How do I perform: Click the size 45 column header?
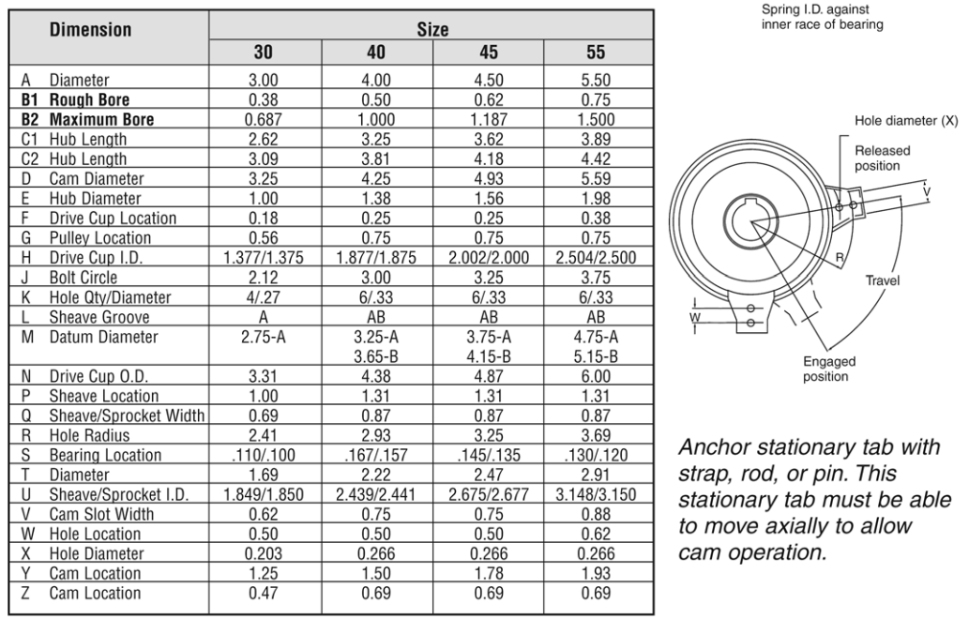pyautogui.click(x=488, y=52)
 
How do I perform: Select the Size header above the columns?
pyautogui.click(x=432, y=29)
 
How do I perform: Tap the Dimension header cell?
pyautogui.click(x=90, y=30)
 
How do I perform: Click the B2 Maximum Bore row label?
pyautogui.click(x=87, y=119)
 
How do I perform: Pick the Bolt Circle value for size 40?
pyautogui.click(x=376, y=278)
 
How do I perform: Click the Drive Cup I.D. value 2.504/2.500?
pyautogui.click(x=596, y=258)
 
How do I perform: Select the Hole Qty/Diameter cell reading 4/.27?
pyautogui.click(x=264, y=297)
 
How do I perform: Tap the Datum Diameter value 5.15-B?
pyautogui.click(x=596, y=356)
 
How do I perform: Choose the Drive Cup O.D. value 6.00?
pyautogui.click(x=596, y=376)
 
